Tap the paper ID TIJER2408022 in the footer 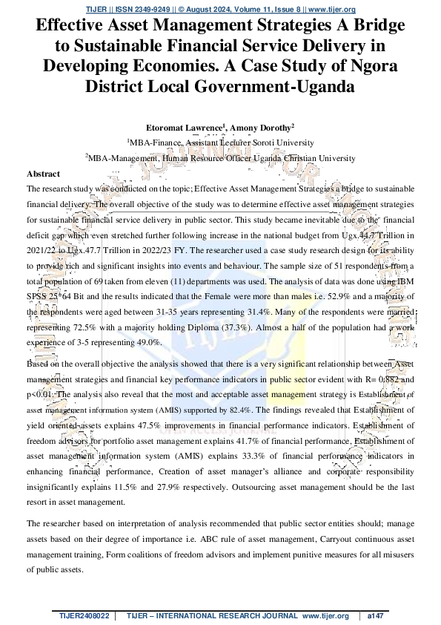[84, 616]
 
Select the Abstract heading [43, 173]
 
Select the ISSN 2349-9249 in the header [139, 8]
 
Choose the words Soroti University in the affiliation [281, 143]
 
